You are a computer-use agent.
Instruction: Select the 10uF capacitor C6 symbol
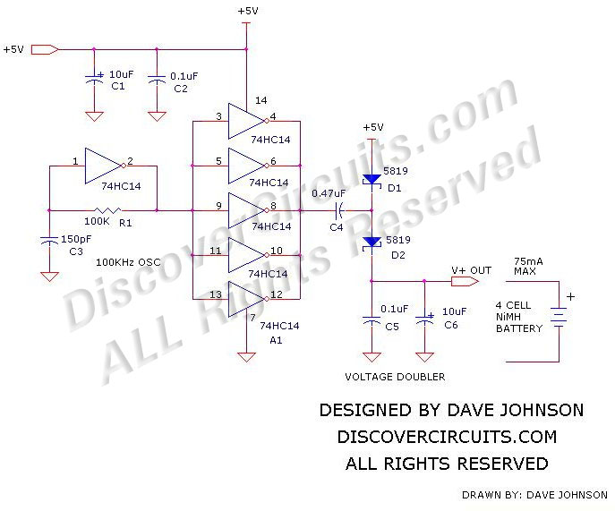click(x=426, y=319)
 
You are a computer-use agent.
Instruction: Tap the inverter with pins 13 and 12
click(x=246, y=298)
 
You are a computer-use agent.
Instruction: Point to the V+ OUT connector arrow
click(x=462, y=281)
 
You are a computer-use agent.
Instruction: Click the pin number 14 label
click(x=261, y=100)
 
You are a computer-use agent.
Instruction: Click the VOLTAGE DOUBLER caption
click(x=395, y=377)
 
